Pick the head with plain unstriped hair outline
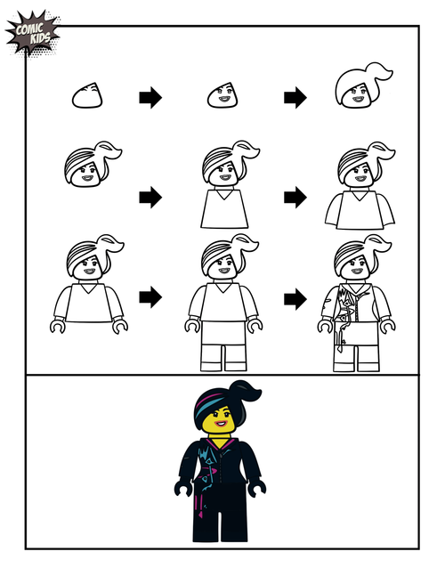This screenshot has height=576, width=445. click(x=360, y=87)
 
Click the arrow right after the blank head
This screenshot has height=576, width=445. click(x=150, y=98)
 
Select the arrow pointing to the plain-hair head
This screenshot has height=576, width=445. click(x=295, y=97)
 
